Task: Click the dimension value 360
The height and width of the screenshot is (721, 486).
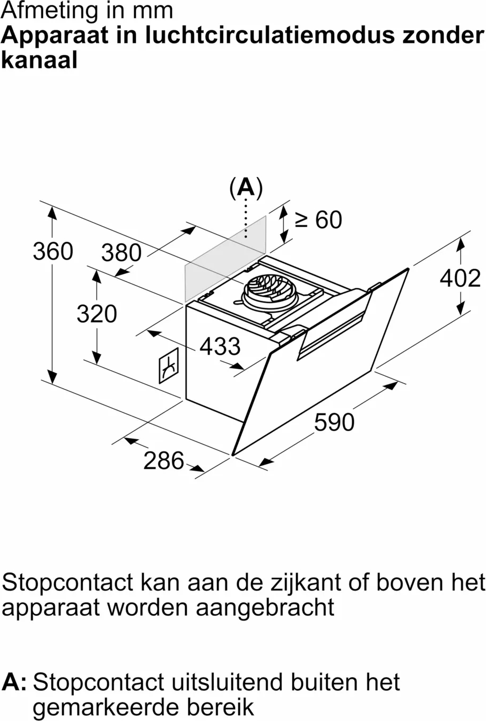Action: pos(53,251)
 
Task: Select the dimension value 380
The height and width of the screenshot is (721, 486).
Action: pos(121,253)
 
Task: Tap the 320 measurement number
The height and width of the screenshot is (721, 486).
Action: pos(97,313)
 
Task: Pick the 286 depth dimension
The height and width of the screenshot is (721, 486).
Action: pos(163,460)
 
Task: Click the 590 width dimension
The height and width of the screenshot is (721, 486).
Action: pos(334,422)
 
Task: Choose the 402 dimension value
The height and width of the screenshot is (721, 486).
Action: pos(460,278)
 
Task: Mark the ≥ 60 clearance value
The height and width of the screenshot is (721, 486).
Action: pos(318,219)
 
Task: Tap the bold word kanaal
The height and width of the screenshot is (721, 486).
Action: pos(39,59)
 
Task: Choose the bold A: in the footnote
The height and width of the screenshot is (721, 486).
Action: pos(14,682)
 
